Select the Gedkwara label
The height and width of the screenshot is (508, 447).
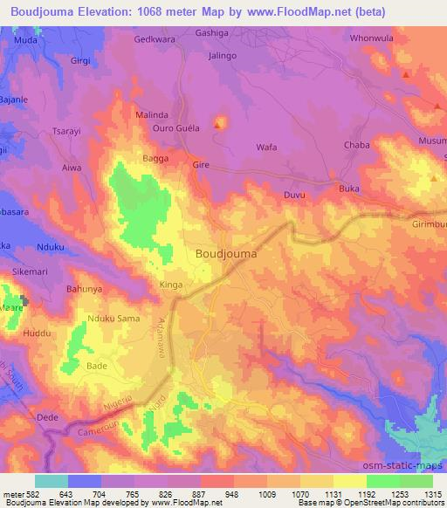[x=155, y=39]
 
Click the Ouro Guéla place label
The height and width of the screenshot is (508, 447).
[x=177, y=127]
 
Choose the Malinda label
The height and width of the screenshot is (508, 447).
[x=152, y=114]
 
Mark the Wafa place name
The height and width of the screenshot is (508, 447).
[x=266, y=148]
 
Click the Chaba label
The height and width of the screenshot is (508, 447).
[x=357, y=145]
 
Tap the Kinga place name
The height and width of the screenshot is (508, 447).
[x=171, y=285]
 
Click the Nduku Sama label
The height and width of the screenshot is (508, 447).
[x=115, y=319]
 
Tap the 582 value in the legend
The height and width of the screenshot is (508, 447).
[x=30, y=493]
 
